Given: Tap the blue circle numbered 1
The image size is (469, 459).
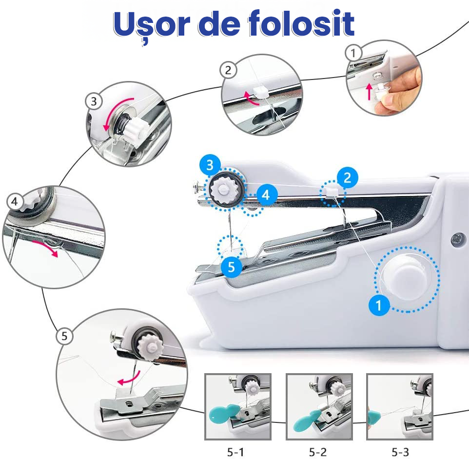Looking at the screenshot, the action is coord(379,305).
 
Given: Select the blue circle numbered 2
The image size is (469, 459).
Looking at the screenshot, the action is coord(347,178).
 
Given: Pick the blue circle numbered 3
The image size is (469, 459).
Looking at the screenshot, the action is coord(210,165).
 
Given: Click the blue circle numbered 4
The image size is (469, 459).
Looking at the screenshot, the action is coord(266,195).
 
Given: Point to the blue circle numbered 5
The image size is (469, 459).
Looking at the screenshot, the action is coord(232,267).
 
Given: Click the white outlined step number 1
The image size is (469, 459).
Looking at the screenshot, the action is coord(353,53).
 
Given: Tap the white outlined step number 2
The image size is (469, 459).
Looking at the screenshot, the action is coord(228,70).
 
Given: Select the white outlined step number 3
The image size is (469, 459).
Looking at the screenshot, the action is coord(94,101).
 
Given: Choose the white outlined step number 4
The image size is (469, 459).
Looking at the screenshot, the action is coord(14,201).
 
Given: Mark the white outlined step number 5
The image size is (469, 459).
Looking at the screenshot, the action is coord(64,336).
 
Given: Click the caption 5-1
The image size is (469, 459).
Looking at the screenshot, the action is coord(235,452).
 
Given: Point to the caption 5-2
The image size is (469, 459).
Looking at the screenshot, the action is coord(318,452).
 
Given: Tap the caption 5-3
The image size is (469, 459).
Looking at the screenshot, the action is coord(400,452).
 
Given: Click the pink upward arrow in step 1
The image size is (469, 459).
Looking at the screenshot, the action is coord(370,91).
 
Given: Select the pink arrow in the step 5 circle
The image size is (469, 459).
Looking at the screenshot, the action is coord(129,379).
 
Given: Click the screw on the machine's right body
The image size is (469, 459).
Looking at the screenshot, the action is coord(458,240).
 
